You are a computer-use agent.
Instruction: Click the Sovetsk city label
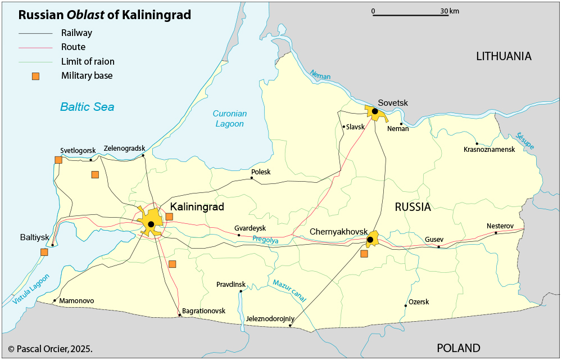[x=393, y=102]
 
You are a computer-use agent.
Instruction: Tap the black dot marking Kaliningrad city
[x=151, y=224]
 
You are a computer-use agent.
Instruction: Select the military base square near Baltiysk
[x=44, y=252]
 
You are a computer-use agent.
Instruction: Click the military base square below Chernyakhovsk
[x=364, y=254]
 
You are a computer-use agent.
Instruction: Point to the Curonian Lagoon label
[x=229, y=119]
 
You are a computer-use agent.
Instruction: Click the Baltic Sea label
[x=87, y=107]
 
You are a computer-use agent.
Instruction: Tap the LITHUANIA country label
[x=504, y=56]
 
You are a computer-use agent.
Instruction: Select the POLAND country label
[x=459, y=348]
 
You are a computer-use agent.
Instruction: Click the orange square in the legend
[x=35, y=76]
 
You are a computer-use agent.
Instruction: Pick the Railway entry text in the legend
[x=76, y=33]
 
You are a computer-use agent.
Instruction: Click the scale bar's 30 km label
[x=450, y=11]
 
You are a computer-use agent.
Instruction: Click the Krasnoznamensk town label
[x=489, y=150]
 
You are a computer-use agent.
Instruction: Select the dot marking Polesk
[x=252, y=178]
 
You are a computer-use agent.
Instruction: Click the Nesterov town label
[x=500, y=226]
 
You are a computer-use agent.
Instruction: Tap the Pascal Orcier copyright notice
[x=51, y=349]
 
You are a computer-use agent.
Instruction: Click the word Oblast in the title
[x=87, y=15]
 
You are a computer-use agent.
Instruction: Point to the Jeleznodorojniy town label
[x=270, y=319]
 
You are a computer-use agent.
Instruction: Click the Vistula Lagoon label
[x=31, y=290]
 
